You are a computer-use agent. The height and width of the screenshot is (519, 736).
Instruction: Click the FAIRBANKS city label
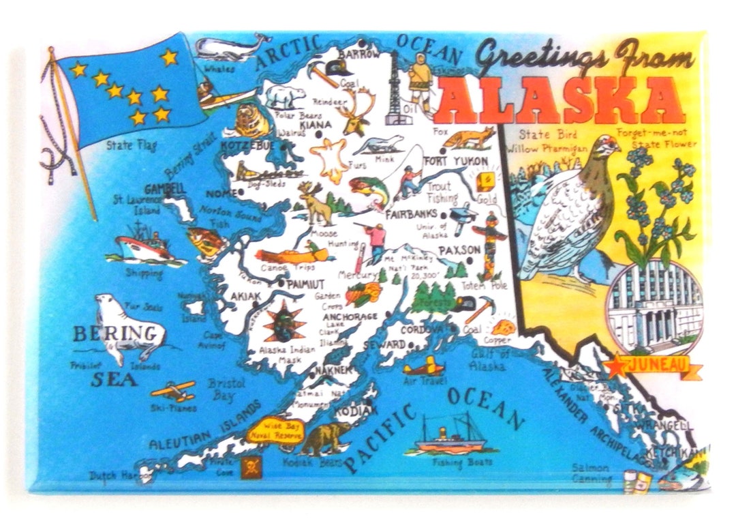tap(411, 214)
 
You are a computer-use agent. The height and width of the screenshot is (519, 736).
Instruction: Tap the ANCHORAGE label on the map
tap(350, 317)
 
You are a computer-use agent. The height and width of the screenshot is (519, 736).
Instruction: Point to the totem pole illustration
tap(489, 246)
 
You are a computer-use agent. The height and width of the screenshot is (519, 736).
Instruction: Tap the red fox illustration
tap(468, 138)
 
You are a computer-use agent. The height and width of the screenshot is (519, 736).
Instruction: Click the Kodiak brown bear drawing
tap(326, 439)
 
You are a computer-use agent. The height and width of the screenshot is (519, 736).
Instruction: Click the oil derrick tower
tap(395, 89)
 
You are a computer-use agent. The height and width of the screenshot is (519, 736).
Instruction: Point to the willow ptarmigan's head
tap(604, 147)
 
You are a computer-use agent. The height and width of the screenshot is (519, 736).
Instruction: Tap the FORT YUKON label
tap(465, 161)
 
